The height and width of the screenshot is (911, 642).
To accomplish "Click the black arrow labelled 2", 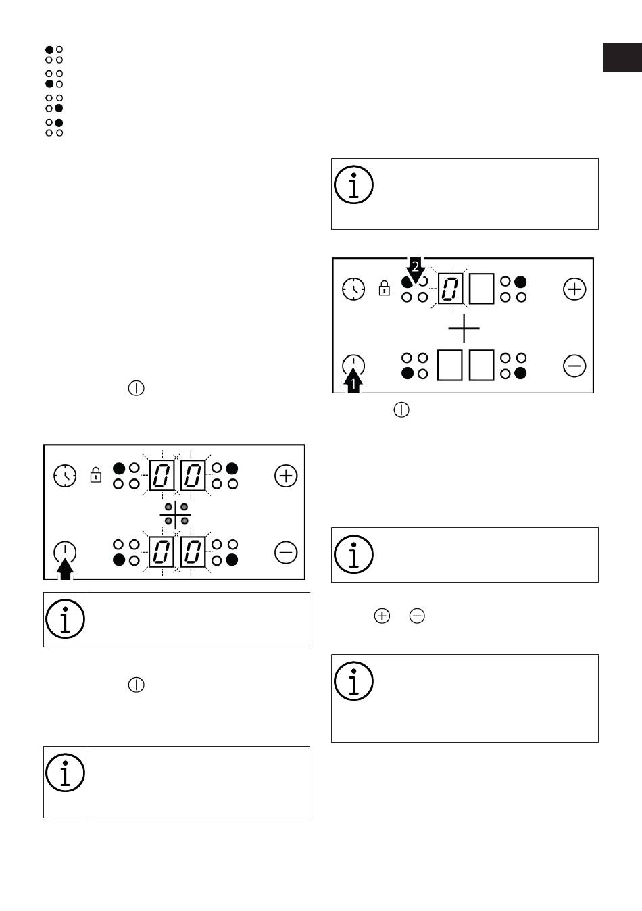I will click(x=416, y=270).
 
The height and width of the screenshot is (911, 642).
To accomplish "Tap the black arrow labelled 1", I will click(x=353, y=383).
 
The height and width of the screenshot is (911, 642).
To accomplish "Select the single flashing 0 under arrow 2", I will click(x=450, y=289).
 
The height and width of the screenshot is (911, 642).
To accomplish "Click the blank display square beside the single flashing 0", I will click(x=481, y=289).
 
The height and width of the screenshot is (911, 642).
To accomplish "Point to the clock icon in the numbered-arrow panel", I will click(x=353, y=289).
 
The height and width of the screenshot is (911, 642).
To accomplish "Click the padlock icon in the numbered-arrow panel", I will click(x=385, y=289).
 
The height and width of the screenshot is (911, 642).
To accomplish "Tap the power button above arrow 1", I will click(x=353, y=365).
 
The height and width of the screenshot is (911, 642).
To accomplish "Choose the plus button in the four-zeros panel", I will click(x=286, y=476).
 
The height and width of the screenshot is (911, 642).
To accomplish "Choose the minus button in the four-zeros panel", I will click(x=286, y=553).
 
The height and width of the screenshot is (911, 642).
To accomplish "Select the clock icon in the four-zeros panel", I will click(x=65, y=476).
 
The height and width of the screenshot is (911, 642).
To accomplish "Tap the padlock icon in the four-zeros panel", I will click(x=96, y=475).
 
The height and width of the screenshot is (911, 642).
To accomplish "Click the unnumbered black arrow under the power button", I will click(x=65, y=569).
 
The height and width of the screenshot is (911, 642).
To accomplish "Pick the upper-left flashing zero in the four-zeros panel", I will click(x=162, y=476).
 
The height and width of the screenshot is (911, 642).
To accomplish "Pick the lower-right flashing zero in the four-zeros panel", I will click(x=193, y=553).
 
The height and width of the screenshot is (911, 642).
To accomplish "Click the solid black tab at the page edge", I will click(x=622, y=57).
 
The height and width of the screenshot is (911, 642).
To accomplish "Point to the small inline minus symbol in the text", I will click(x=417, y=616).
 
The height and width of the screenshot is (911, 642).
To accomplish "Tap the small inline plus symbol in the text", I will click(x=382, y=616).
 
